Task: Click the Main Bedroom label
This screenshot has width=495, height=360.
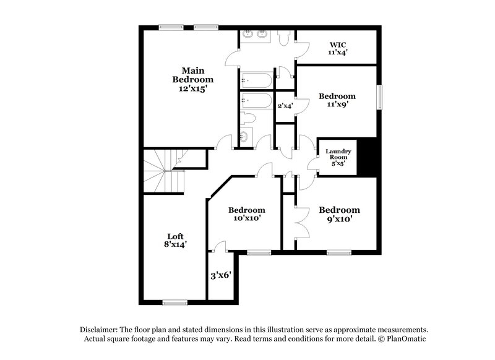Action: [x=193, y=79]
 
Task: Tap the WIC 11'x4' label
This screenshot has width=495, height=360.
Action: [x=337, y=48]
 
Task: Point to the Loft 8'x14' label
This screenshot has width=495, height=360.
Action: [x=176, y=240]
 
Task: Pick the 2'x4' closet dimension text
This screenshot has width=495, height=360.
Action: [x=285, y=106]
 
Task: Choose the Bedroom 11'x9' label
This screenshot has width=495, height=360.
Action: [x=337, y=100]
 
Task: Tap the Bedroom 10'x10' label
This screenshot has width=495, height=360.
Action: [x=246, y=214]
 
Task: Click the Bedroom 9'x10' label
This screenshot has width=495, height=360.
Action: [x=340, y=214]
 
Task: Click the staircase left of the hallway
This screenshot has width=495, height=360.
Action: [x=163, y=171]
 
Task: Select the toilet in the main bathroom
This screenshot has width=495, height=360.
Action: [x=284, y=39]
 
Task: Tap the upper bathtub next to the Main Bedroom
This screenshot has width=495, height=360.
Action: [x=255, y=80]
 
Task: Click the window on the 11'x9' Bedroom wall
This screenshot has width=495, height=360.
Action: [x=379, y=97]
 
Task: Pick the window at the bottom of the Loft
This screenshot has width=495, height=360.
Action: [x=175, y=302]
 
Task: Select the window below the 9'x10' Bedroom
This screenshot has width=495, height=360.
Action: [x=339, y=252]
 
